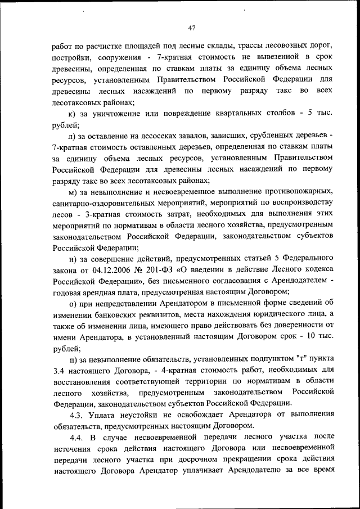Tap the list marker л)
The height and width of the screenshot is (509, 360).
[72, 137]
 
